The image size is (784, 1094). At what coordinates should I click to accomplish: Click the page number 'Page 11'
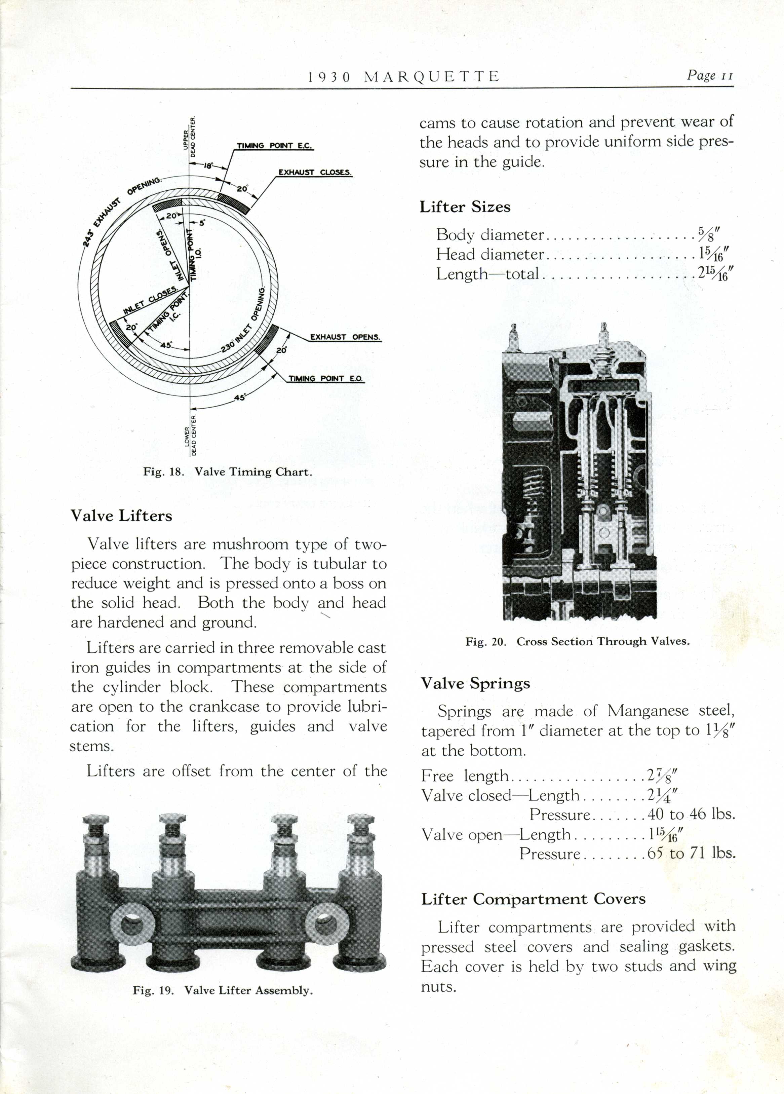[x=710, y=75]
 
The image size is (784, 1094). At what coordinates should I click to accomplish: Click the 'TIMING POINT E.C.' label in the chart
[x=274, y=146]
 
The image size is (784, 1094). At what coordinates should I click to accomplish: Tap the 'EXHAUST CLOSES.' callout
[x=315, y=172]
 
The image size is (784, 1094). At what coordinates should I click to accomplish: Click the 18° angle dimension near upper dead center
[x=208, y=166]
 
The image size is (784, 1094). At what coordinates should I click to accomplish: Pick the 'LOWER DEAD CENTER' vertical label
[x=191, y=435]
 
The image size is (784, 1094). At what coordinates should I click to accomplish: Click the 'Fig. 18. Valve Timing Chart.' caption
[x=228, y=472]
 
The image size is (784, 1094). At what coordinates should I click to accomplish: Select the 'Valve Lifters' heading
[x=121, y=516]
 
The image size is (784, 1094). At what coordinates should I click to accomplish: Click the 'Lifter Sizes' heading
[x=465, y=207]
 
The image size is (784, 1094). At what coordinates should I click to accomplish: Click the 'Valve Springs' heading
[x=475, y=683]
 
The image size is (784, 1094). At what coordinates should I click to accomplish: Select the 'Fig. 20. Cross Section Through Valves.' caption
[x=577, y=642]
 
